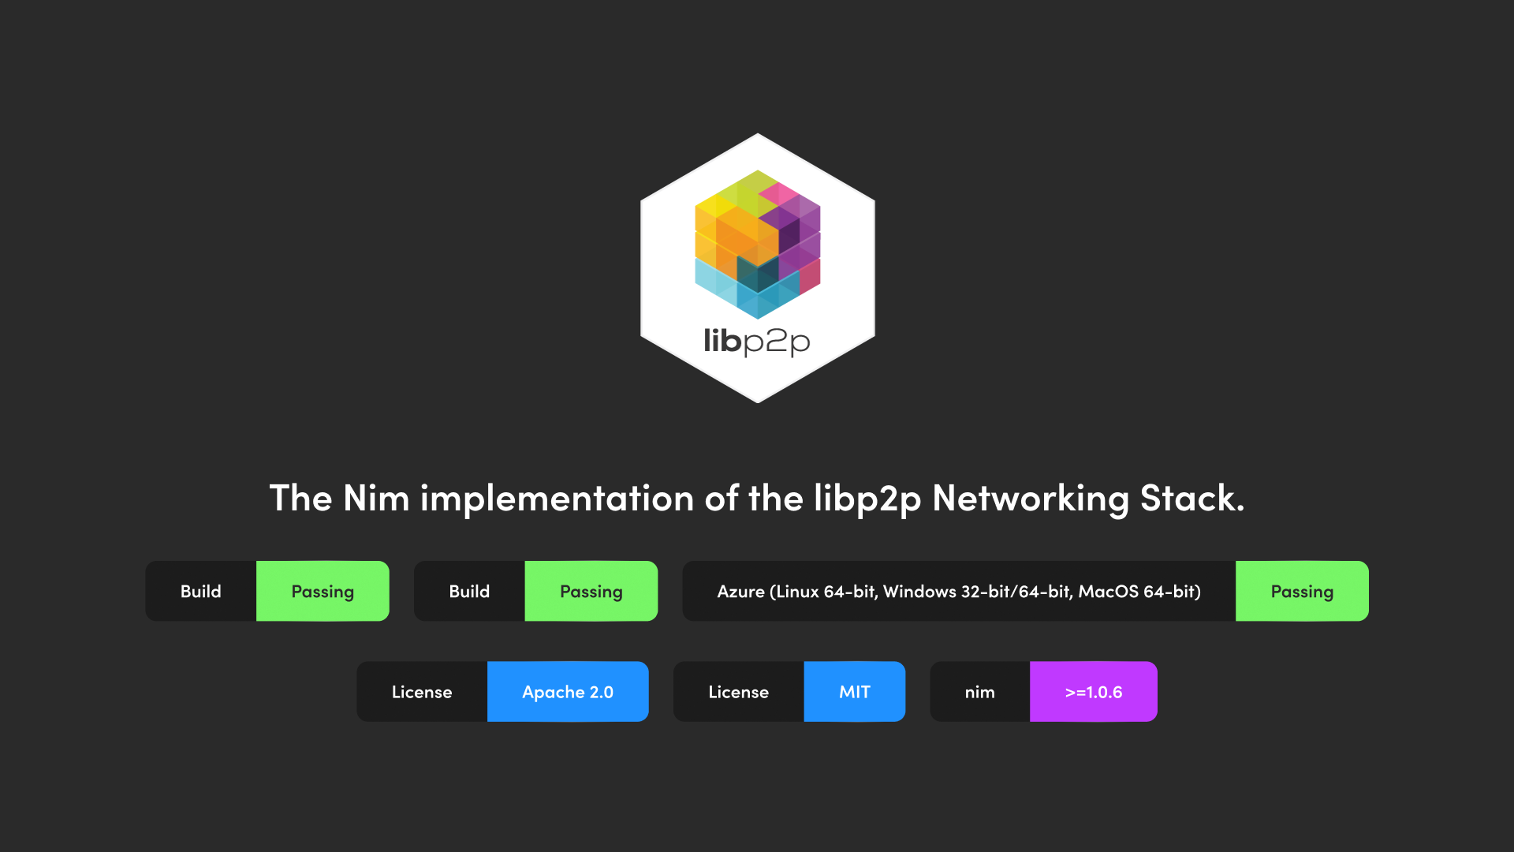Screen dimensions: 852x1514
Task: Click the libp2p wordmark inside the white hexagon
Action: click(x=757, y=342)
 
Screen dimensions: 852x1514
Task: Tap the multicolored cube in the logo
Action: click(x=757, y=244)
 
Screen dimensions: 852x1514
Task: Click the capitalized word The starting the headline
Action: click(x=300, y=499)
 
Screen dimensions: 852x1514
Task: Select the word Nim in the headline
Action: click(x=376, y=499)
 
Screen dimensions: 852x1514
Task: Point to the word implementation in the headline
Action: click(x=557, y=499)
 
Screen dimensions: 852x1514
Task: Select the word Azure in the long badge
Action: click(x=740, y=592)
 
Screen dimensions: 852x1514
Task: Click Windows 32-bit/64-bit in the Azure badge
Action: click(x=977, y=592)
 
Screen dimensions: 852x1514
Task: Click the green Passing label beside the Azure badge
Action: click(x=1302, y=592)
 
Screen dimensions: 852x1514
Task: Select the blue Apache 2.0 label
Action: click(x=568, y=692)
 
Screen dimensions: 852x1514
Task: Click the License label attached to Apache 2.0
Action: click(x=422, y=692)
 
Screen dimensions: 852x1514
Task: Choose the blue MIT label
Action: click(x=854, y=692)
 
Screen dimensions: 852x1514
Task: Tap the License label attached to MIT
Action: click(x=738, y=692)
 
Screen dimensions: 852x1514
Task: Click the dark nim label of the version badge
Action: click(x=979, y=692)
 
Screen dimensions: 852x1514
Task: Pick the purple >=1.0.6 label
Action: click(x=1093, y=692)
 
